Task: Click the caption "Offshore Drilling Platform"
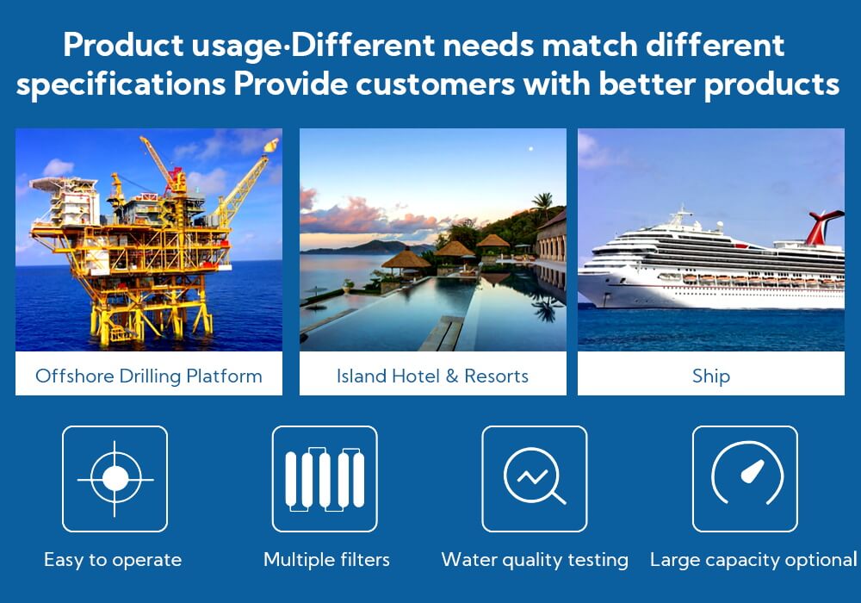pyautogui.click(x=149, y=376)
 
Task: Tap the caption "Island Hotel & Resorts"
pyautogui.click(x=433, y=376)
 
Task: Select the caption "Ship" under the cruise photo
pyautogui.click(x=711, y=376)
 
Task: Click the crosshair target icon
pyautogui.click(x=115, y=479)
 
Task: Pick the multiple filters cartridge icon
pyautogui.click(x=325, y=479)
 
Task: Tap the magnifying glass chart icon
pyautogui.click(x=535, y=476)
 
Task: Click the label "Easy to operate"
pyautogui.click(x=113, y=560)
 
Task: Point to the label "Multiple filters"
pyautogui.click(x=326, y=560)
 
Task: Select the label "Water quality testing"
pyautogui.click(x=535, y=560)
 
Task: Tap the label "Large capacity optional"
pyautogui.click(x=753, y=560)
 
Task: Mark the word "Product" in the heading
pyautogui.click(x=123, y=45)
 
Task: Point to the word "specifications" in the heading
pyautogui.click(x=121, y=85)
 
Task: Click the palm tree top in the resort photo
pyautogui.click(x=543, y=201)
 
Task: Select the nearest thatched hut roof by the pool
pyautogui.click(x=406, y=258)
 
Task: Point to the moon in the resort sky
pyautogui.click(x=531, y=149)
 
